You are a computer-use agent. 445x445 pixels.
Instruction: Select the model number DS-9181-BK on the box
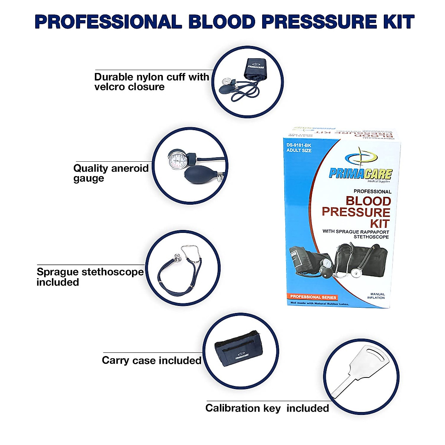pos(299,145)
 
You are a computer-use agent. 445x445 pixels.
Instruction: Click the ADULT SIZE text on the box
pos(299,151)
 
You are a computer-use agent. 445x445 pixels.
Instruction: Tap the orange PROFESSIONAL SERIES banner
pos(313,297)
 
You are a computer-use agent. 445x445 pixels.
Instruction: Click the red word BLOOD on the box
pos(368,201)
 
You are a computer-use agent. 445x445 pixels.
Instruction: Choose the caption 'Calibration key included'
pos(267,408)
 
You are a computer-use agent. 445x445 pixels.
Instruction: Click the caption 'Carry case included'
pos(152,360)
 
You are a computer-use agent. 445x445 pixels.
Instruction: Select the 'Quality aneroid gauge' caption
pos(111,173)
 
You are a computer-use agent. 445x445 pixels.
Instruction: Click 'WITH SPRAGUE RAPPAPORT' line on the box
pos(356,231)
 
